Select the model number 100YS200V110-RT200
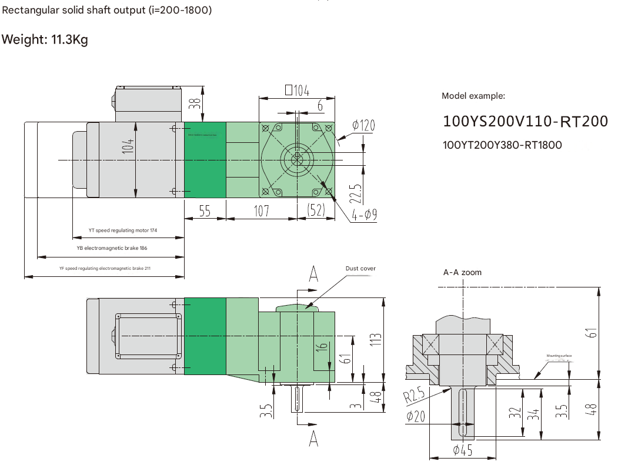525,121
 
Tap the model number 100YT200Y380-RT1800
502,145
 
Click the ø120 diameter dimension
363,125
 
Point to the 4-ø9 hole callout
365,215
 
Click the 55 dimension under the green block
205,211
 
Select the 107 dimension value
262,211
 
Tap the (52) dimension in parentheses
316,211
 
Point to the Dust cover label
360,269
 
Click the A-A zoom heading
462,272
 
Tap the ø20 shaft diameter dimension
415,416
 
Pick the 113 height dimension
376,340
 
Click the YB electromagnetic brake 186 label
112,248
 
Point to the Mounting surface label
559,356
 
